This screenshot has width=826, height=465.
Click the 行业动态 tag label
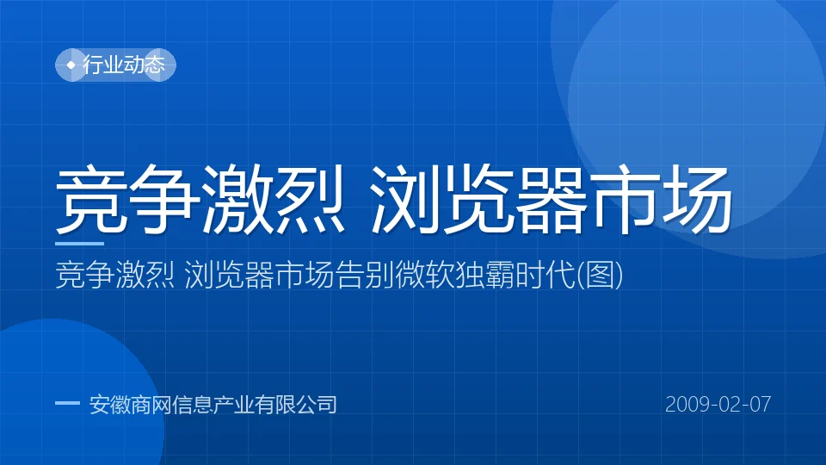124,65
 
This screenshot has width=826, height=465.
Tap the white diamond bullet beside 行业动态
71,65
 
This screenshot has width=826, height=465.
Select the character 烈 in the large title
310,199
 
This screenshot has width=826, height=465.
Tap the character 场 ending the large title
698,199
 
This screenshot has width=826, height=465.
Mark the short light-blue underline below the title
79,244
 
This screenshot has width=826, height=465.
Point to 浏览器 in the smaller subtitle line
230,275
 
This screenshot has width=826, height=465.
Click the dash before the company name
67,403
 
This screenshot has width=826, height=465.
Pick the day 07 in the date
760,405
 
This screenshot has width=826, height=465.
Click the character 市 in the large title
625,199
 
